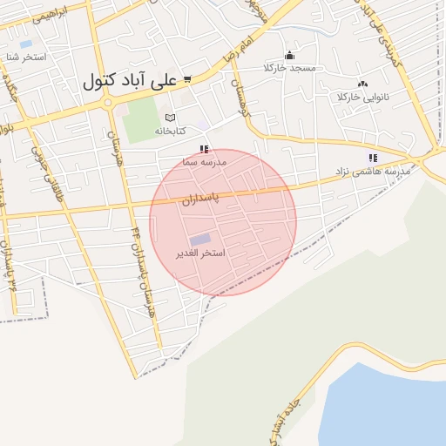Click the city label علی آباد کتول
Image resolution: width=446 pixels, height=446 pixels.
(130, 81)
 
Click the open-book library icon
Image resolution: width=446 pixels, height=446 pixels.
(170, 118)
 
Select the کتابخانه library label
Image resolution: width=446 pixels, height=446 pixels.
(172, 131)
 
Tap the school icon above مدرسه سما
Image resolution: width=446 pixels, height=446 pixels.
(204, 149)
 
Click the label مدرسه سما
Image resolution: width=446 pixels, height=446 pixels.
(205, 162)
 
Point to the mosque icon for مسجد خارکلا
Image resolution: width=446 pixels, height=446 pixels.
(289, 55)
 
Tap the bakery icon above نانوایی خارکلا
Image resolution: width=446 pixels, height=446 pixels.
(362, 83)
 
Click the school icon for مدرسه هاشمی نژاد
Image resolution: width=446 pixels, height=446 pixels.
(373, 158)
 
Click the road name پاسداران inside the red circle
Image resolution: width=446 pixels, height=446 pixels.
(202, 199)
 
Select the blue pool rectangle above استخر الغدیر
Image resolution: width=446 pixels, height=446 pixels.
(200, 239)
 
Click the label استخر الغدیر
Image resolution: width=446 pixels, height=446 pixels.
(201, 253)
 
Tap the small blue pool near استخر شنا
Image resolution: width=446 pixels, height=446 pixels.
(25, 44)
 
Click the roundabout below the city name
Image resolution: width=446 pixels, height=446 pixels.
(107, 103)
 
